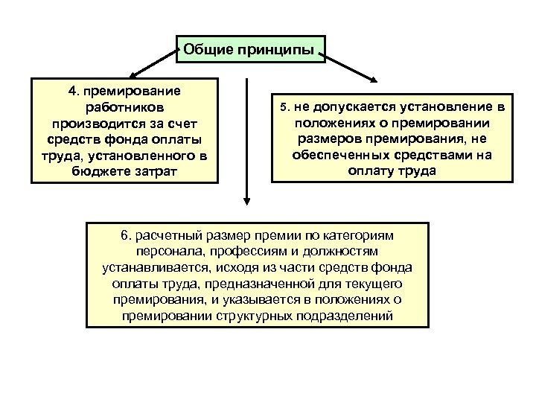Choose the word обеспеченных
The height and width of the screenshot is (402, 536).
click(x=339, y=155)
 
